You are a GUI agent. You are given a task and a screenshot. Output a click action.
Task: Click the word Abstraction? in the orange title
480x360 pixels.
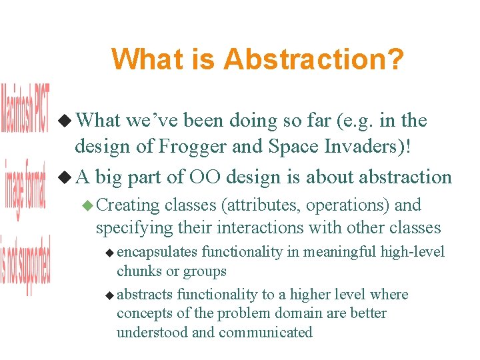(x=313, y=59)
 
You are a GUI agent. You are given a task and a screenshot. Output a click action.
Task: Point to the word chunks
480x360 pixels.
(x=137, y=271)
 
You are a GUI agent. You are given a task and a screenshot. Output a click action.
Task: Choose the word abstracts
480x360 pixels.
(x=145, y=295)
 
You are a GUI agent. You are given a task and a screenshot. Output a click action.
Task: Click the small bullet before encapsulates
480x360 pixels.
(x=111, y=252)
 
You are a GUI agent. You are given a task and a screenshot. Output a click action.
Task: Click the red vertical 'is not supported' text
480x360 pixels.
(x=25, y=265)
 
